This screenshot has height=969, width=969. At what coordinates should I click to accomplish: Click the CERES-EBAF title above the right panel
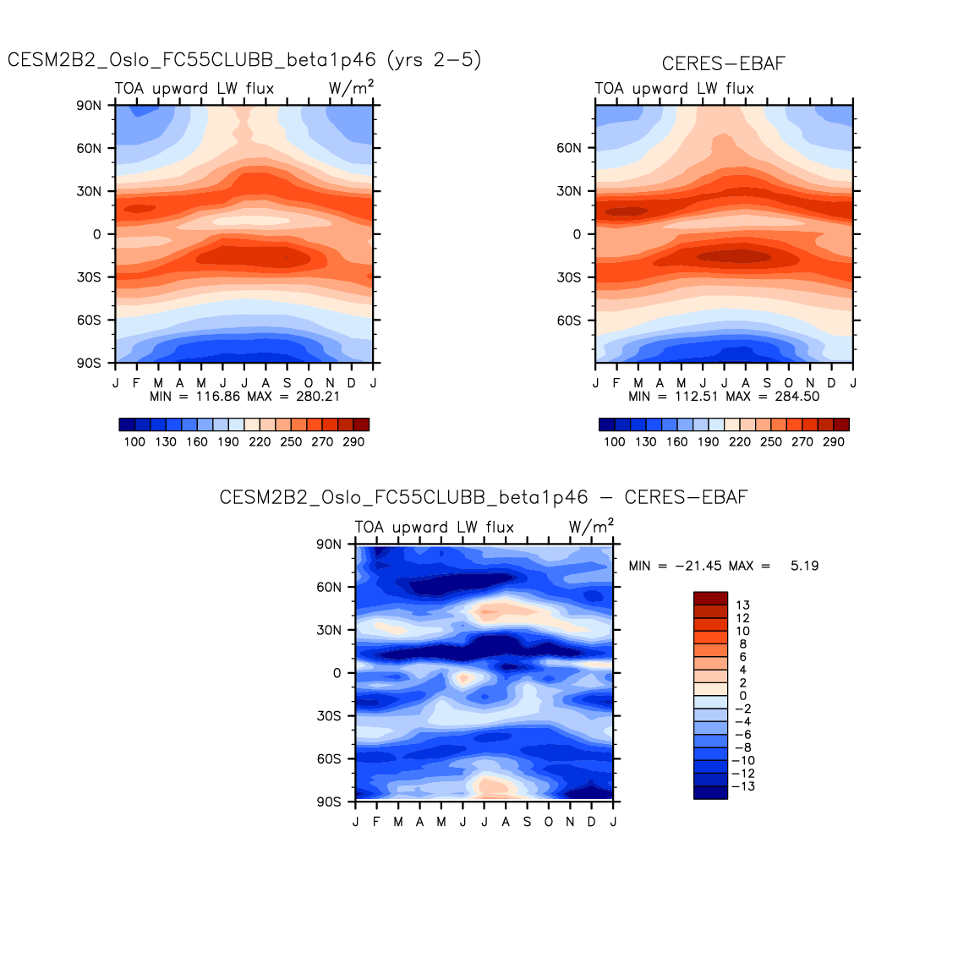pyautogui.click(x=723, y=64)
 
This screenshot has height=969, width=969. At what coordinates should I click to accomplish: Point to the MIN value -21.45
pyautogui.click(x=695, y=566)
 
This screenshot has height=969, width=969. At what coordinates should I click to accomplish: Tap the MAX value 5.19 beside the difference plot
pyautogui.click(x=804, y=566)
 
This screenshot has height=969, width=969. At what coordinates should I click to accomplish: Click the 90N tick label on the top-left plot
pyautogui.click(x=89, y=106)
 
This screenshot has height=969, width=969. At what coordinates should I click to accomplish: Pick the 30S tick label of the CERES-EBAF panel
pyautogui.click(x=568, y=277)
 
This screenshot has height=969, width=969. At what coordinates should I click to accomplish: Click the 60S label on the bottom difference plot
pyautogui.click(x=329, y=759)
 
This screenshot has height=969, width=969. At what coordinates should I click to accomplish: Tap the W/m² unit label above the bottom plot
pyautogui.click(x=591, y=527)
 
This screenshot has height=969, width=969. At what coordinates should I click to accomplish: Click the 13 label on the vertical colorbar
pyautogui.click(x=743, y=605)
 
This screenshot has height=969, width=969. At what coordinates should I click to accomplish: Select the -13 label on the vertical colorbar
pyautogui.click(x=745, y=786)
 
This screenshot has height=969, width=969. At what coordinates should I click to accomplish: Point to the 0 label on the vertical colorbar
pyautogui.click(x=743, y=696)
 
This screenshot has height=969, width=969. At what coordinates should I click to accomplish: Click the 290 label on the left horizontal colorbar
pyautogui.click(x=353, y=441)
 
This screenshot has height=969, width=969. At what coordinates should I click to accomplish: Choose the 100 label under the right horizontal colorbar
pyautogui.click(x=615, y=441)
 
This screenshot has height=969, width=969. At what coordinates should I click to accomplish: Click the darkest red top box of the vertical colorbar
pyautogui.click(x=710, y=598)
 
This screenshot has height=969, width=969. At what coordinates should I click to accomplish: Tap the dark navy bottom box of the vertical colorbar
pyautogui.click(x=710, y=792)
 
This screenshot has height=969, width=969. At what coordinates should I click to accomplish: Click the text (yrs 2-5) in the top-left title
pyautogui.click(x=434, y=60)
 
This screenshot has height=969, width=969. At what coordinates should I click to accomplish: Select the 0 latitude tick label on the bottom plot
pyautogui.click(x=337, y=673)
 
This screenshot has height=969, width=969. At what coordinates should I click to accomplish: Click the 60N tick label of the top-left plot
pyautogui.click(x=89, y=148)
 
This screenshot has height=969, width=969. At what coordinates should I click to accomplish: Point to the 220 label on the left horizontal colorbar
pyautogui.click(x=260, y=441)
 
